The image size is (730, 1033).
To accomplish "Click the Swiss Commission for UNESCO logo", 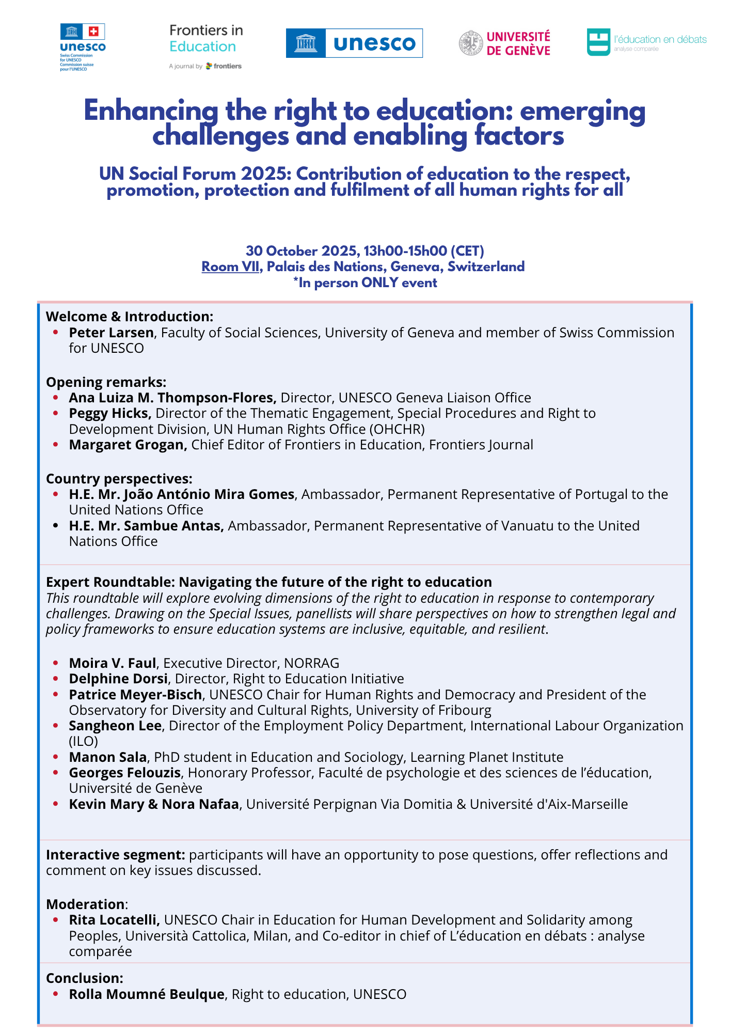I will point(83,46).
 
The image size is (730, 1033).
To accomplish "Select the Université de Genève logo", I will point(505,43).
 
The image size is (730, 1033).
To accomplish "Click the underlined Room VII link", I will point(230,267).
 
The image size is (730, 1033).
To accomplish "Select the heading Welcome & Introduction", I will point(130,317).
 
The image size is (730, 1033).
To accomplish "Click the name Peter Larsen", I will point(112,333).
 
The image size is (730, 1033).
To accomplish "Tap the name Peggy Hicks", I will point(110,413).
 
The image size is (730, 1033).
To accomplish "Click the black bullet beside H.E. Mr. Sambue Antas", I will point(55,526).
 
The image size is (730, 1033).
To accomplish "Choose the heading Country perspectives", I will point(119,479).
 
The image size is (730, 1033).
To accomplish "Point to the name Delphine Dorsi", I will point(118,679).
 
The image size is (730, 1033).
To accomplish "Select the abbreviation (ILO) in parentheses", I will point(84,741).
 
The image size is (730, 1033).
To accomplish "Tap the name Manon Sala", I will point(108,757).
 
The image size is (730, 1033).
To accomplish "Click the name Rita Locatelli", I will point(114,920).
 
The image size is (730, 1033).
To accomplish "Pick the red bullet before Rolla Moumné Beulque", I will point(55,994).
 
